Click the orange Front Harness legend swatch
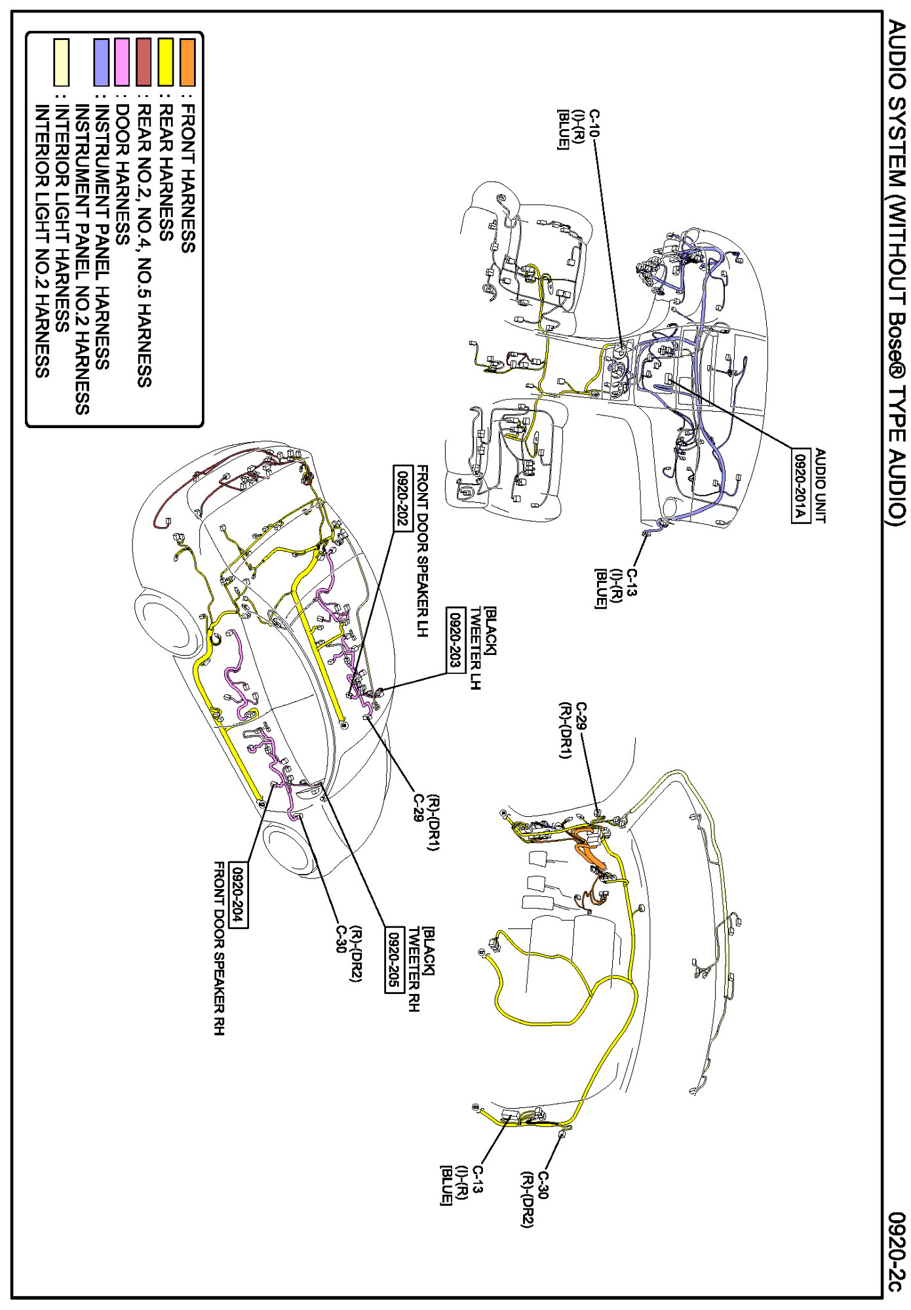tap(187, 62)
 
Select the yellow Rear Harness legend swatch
tap(166, 62)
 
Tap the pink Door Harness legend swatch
tap(122, 62)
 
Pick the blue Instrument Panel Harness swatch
tap(101, 62)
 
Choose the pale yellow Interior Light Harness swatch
tap(61, 62)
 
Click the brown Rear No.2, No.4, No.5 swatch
tap(144, 62)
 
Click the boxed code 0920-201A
tap(800, 486)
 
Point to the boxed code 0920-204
tap(239, 896)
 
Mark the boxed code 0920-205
tap(394, 961)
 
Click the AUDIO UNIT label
tap(820, 486)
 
